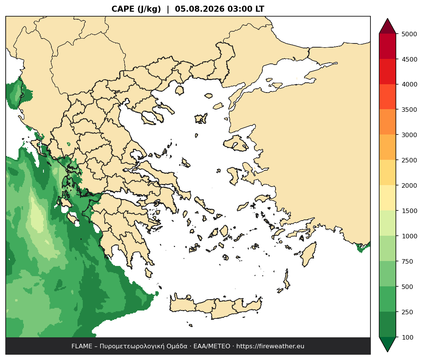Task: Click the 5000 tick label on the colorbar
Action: pyautogui.click(x=409, y=34)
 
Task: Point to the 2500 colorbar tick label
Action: pyautogui.click(x=409, y=160)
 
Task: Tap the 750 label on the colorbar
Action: pyautogui.click(x=408, y=261)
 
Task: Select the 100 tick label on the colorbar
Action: pyautogui.click(x=408, y=337)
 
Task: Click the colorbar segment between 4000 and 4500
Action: pyautogui.click(x=387, y=72)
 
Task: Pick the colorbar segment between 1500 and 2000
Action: pyautogui.click(x=387, y=198)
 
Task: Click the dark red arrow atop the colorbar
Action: pyautogui.click(x=387, y=26)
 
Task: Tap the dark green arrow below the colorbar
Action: pyautogui.click(x=387, y=345)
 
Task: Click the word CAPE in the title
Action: pyautogui.click(x=123, y=9)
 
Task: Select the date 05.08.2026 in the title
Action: pyautogui.click(x=200, y=9)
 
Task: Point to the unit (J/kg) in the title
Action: pyautogui.click(x=149, y=9)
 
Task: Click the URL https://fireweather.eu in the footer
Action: pyautogui.click(x=270, y=346)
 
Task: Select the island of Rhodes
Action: pyautogui.click(x=308, y=254)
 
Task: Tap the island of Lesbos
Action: pyautogui.click(x=236, y=143)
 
